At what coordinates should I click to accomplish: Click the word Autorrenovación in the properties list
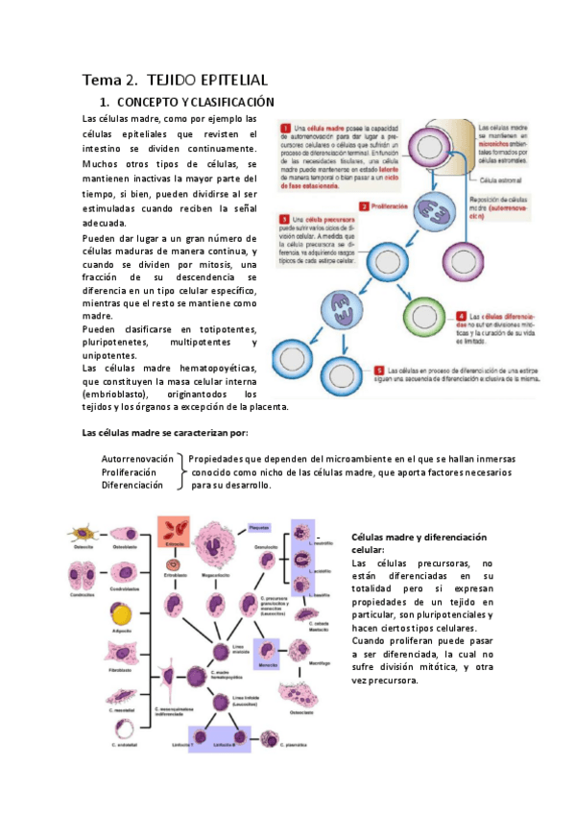(137, 459)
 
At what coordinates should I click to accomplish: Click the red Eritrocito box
(175, 530)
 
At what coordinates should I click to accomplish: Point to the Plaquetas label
(259, 527)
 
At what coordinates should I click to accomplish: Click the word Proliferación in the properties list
(129, 472)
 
